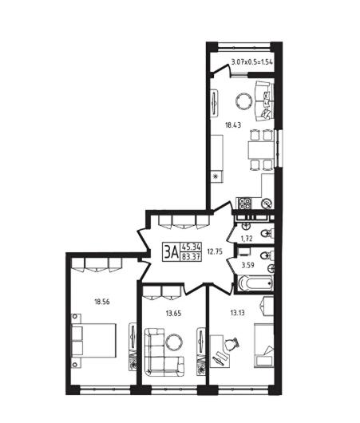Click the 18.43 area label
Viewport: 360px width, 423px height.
click(233, 125)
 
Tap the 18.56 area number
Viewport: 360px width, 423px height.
click(102, 302)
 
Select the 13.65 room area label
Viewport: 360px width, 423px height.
click(173, 313)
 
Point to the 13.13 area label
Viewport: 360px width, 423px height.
click(238, 313)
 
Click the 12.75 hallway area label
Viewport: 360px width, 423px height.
click(215, 251)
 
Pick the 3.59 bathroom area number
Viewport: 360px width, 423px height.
click(247, 265)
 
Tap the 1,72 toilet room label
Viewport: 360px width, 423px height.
click(247, 239)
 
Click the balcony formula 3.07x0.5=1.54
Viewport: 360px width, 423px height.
click(252, 62)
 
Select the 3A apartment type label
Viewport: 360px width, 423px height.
click(171, 252)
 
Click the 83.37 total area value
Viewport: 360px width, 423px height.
click(191, 256)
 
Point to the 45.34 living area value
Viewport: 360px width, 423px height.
click(191, 247)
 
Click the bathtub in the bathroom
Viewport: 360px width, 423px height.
click(255, 283)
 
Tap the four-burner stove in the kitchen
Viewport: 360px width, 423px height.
click(245, 204)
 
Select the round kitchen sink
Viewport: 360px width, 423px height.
click(267, 204)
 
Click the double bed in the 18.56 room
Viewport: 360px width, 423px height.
click(93, 341)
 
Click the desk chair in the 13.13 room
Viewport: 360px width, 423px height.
click(231, 344)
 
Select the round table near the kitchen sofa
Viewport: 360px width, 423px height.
click(244, 101)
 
